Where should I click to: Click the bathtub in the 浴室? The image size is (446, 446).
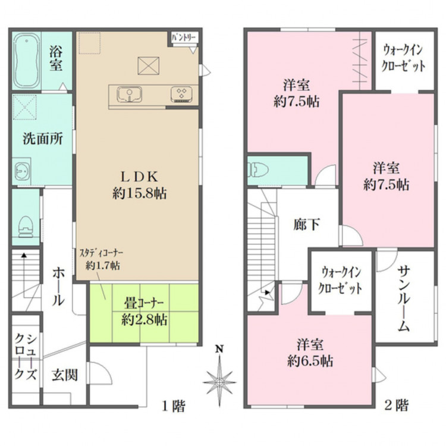(27, 61)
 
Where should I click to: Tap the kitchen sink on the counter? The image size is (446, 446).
(130, 94)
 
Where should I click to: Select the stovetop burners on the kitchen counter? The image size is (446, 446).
(181, 94)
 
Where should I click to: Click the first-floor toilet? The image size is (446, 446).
(26, 227)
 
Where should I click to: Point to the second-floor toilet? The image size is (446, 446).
(258, 169)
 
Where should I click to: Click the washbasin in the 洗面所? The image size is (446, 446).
(22, 171)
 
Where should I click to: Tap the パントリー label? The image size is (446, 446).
(184, 37)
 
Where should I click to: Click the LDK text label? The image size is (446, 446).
(139, 177)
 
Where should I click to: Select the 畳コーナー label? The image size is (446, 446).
(144, 303)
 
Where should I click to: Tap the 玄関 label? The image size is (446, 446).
(65, 375)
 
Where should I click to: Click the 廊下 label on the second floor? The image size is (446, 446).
(306, 225)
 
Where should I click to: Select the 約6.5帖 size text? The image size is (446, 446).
(310, 361)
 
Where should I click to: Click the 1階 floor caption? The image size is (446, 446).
(174, 406)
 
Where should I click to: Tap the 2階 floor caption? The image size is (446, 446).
(397, 405)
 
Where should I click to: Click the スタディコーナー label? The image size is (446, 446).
(101, 253)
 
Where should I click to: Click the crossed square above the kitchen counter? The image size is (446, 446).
(148, 65)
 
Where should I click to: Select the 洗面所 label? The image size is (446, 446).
(42, 139)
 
